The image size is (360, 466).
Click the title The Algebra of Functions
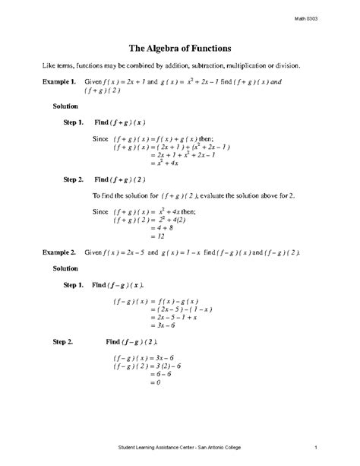pyautogui.click(x=179, y=46)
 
